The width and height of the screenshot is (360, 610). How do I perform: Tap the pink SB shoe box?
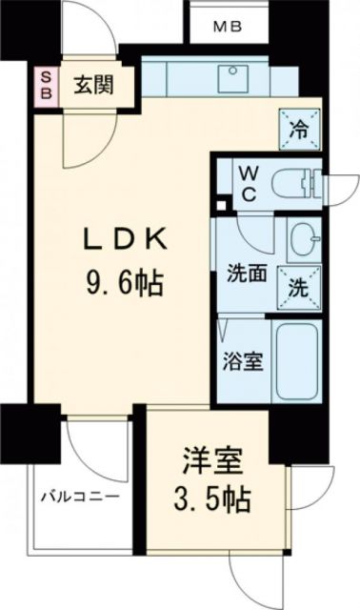(45, 84)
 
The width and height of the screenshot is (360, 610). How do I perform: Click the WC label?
(246, 179)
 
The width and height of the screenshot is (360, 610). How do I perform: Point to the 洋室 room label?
(208, 467)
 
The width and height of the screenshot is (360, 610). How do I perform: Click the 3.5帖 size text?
(208, 499)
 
